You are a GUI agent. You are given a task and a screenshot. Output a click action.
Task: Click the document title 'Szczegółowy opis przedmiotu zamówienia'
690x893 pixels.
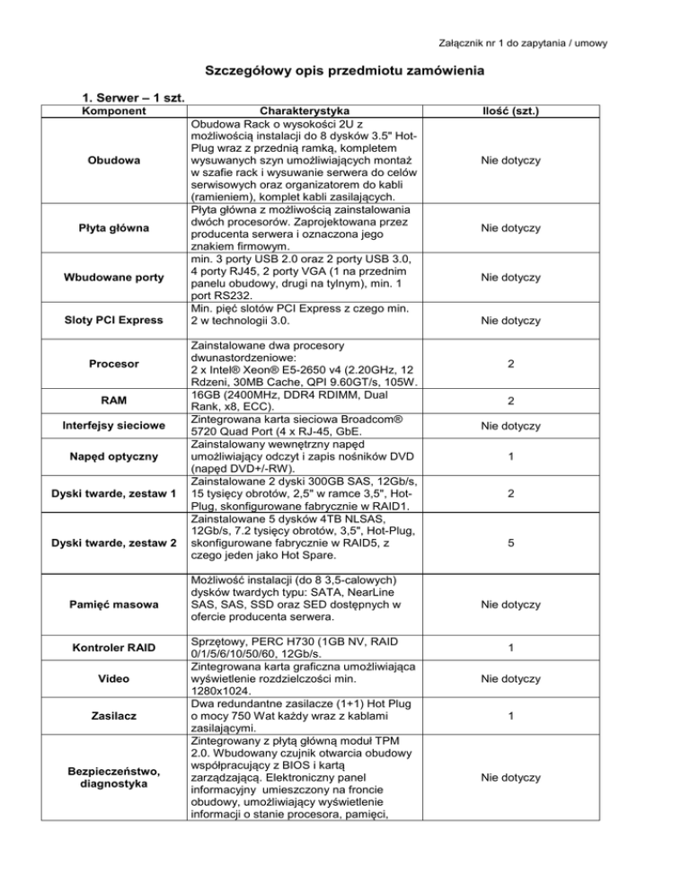tap(345, 71)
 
